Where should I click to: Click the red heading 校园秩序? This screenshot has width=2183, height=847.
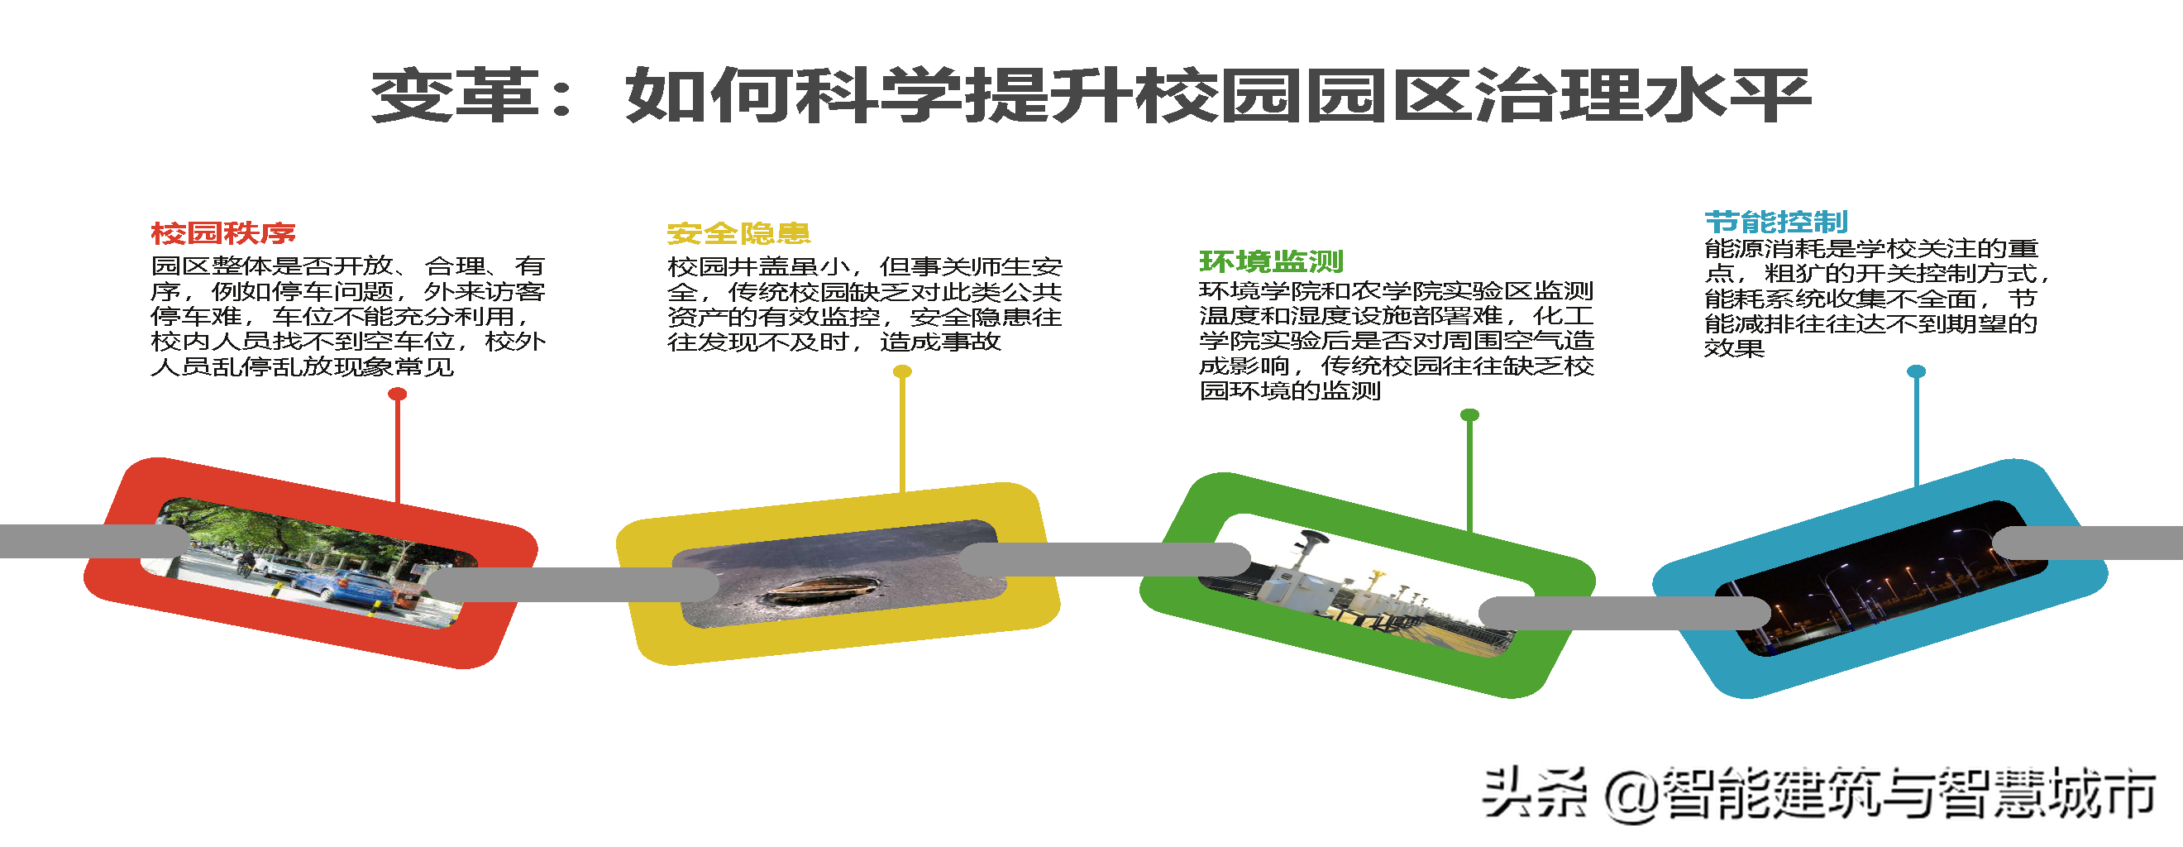(x=223, y=233)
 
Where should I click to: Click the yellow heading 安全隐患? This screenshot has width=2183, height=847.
(x=738, y=233)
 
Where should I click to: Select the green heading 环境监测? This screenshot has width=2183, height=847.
(x=1271, y=261)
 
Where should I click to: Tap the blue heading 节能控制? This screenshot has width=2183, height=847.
(x=1776, y=223)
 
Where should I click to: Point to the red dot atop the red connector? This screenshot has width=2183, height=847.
(x=398, y=395)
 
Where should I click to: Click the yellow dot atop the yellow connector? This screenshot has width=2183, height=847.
(x=902, y=371)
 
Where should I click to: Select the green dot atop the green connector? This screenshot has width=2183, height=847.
(x=1469, y=414)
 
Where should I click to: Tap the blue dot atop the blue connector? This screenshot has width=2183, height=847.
(x=1916, y=371)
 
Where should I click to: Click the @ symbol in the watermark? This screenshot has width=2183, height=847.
(x=1632, y=795)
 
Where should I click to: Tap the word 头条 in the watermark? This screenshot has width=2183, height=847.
(x=1534, y=793)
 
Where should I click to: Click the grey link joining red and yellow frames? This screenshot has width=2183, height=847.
(x=572, y=585)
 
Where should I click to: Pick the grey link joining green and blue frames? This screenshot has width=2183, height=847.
(x=1623, y=612)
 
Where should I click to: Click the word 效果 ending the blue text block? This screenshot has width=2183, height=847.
(x=1734, y=348)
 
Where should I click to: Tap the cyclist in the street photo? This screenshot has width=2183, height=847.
(x=245, y=562)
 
